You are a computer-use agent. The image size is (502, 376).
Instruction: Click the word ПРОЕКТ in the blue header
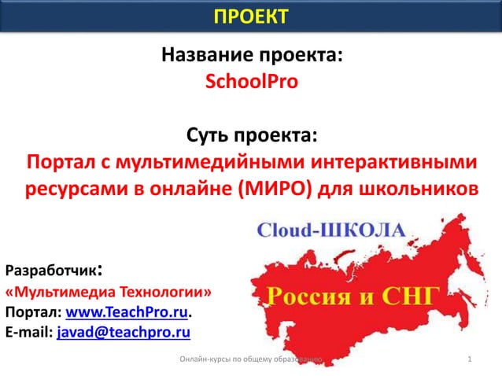[251, 16]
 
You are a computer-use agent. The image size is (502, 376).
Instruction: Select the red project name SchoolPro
[251, 81]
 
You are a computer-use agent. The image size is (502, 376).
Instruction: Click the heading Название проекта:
[251, 57]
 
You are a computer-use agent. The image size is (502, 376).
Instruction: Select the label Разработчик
[51, 272]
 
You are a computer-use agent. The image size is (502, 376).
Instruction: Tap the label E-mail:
[28, 334]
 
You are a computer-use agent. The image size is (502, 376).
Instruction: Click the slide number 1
[469, 360]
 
